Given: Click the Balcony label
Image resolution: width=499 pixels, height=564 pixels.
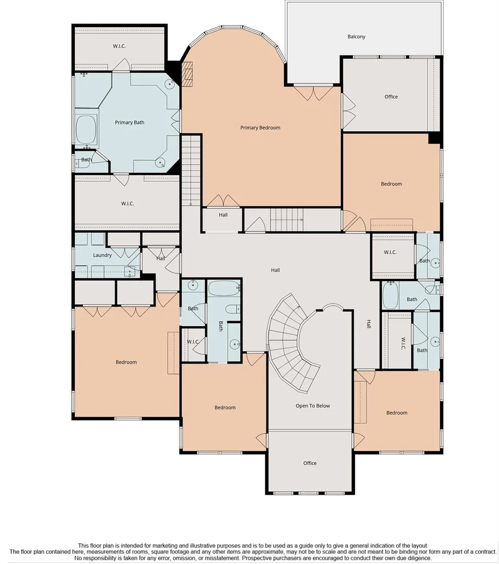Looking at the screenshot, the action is click(356, 37).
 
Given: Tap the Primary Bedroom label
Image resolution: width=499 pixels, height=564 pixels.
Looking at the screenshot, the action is click(260, 128).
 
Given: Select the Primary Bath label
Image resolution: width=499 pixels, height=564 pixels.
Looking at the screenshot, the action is click(129, 123).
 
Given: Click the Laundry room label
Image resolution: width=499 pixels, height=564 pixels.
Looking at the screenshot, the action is click(102, 256).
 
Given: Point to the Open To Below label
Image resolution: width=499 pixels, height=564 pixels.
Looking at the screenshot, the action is click(313, 406).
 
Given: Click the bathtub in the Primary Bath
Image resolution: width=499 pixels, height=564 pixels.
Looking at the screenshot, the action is click(87, 130).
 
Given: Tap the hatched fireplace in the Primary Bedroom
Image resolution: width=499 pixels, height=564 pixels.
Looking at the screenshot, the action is click(188, 74).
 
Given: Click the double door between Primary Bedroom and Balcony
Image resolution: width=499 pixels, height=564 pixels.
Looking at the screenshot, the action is click(313, 93).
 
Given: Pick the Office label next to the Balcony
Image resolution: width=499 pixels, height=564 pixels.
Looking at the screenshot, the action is click(391, 97).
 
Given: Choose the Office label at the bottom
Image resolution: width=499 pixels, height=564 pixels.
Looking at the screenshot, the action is click(310, 463).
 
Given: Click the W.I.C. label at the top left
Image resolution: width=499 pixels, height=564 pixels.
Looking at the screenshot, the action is click(119, 46).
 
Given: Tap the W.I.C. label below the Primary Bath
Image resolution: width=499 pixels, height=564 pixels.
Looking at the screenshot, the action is click(127, 204).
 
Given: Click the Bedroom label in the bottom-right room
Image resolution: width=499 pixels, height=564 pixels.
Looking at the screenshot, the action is click(397, 413).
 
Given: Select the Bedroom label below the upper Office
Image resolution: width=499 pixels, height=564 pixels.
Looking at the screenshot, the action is click(391, 184).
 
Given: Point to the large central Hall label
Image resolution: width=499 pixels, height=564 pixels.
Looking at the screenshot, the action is click(275, 270).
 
